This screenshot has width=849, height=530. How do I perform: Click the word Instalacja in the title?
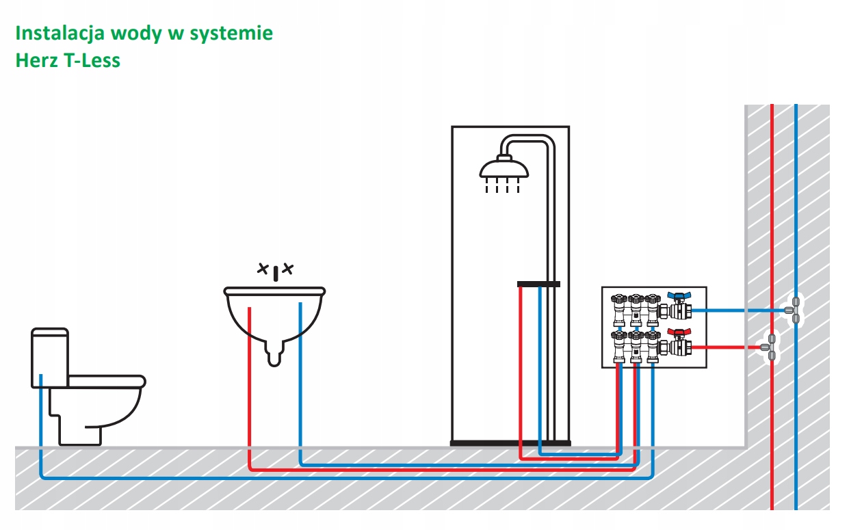[x=60, y=34]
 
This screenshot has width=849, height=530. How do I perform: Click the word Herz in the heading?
[x=36, y=61]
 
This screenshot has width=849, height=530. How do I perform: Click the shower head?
[x=504, y=169]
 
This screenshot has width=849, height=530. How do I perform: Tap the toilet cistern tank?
[x=50, y=358]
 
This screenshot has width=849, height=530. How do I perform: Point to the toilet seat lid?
[x=106, y=381]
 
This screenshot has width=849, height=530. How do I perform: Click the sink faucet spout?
[x=276, y=274]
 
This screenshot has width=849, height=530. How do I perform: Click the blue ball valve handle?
[x=679, y=296]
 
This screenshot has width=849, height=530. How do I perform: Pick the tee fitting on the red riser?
[x=769, y=347]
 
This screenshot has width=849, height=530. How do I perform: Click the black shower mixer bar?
[x=538, y=284]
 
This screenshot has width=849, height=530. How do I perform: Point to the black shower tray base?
[x=510, y=443]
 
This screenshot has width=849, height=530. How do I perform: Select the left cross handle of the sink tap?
[x=263, y=269]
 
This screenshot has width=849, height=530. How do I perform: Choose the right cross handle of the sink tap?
[x=288, y=269]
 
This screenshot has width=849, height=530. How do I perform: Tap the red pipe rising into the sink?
[x=250, y=388]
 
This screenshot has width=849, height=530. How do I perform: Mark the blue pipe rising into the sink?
[x=300, y=384]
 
